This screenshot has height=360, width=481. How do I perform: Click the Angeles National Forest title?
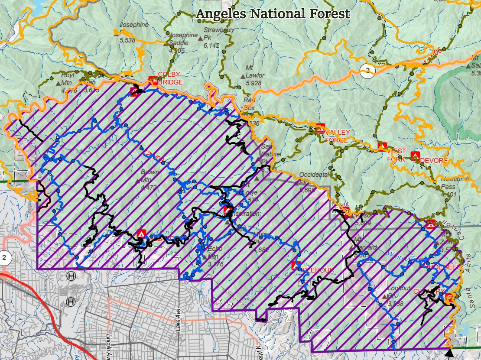[273, 13]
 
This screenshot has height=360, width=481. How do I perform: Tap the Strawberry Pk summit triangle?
[200, 38]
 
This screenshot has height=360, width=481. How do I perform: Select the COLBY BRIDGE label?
[170, 78]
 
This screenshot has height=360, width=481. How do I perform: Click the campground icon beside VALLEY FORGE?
[320, 128]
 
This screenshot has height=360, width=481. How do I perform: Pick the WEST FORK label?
[397, 155]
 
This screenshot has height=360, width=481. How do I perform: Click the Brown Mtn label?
[149, 175]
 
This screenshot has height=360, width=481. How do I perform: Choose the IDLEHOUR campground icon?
[296, 265]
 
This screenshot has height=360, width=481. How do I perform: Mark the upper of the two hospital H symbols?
[71, 276]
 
